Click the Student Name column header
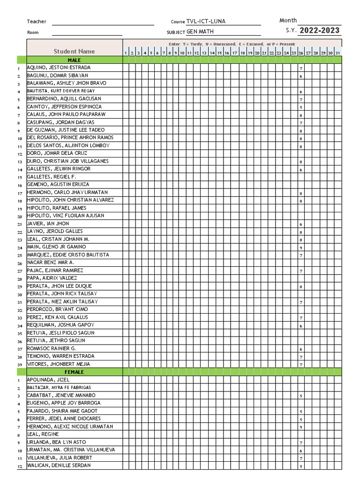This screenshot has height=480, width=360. point(74,51)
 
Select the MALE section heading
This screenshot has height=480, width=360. point(74,60)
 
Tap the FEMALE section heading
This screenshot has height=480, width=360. point(74,372)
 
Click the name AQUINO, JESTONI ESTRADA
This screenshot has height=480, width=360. point(59,67)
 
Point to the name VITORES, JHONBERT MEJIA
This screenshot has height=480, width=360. point(58,364)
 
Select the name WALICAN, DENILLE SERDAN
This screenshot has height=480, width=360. point(59,465)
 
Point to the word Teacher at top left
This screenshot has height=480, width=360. point(37,22)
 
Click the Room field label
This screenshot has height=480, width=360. point(33,32)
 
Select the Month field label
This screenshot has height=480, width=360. point(288,20)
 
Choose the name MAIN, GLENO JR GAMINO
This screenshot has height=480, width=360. point(56,247)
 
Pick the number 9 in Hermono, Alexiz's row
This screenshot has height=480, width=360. point(300,427)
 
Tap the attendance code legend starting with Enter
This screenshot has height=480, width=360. point(232,44)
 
